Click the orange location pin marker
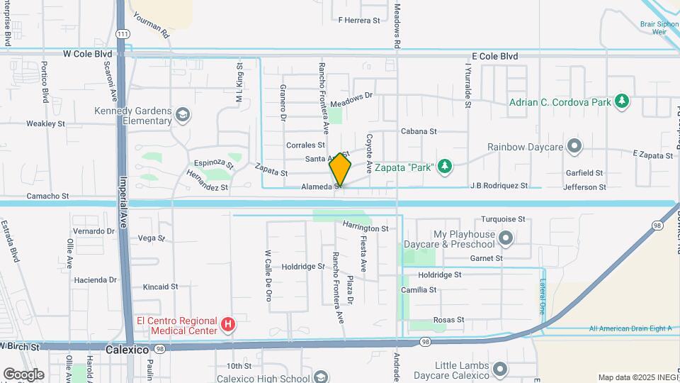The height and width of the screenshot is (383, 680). point(341,169)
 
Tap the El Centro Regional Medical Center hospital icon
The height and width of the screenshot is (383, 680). point(228,326)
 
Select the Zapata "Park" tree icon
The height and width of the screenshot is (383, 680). point(444,166)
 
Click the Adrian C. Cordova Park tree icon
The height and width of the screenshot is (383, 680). point(622,101)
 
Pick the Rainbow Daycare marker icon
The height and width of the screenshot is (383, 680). point(574,147)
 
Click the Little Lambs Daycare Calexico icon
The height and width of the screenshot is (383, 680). point(500,369)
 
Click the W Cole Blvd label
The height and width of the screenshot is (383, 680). point(87,53)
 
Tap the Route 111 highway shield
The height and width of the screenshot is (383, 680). point(123,34)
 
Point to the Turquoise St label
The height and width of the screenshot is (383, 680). point(502,219)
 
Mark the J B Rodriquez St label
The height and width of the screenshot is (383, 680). point(499,186)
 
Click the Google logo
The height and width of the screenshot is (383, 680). point(23,374)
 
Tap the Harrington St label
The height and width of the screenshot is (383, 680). point(365,228)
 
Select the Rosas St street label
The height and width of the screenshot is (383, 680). point(448,320)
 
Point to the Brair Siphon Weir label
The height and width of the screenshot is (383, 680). point(659,28)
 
